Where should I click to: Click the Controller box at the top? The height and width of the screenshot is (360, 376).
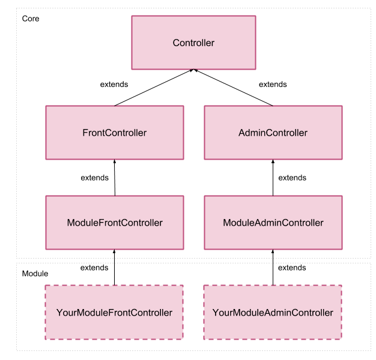[x=193, y=43]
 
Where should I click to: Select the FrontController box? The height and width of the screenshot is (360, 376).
[x=115, y=133]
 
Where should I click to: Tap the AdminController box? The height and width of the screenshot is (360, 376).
[x=273, y=133]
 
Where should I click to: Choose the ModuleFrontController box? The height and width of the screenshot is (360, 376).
[x=115, y=223]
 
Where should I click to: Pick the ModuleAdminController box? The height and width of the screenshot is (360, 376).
[x=273, y=223]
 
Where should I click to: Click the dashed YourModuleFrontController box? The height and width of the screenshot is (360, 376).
[x=114, y=313]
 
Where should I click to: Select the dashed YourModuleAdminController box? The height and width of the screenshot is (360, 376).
[x=273, y=313]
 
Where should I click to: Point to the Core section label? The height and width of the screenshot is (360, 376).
[x=31, y=19]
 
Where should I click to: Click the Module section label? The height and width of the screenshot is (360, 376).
[x=35, y=274]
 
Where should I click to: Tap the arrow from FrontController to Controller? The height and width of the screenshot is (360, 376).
[x=154, y=88]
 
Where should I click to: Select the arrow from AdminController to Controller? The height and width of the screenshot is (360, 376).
[x=233, y=88]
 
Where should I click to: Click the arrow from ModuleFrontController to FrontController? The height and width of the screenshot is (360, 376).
[x=115, y=178]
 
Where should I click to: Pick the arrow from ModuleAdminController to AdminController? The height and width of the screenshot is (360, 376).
[x=273, y=178]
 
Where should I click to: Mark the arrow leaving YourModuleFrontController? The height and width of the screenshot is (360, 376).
[x=114, y=268]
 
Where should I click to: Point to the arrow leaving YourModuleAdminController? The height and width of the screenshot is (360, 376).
[x=273, y=268]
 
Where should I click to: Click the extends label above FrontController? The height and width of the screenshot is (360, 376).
[x=114, y=85]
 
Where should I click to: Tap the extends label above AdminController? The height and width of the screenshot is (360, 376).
[x=273, y=85]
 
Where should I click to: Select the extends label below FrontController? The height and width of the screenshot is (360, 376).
[x=95, y=178]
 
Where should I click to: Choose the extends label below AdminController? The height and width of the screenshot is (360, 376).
[x=293, y=178]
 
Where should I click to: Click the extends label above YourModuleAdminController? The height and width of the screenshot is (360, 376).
[x=292, y=268]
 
